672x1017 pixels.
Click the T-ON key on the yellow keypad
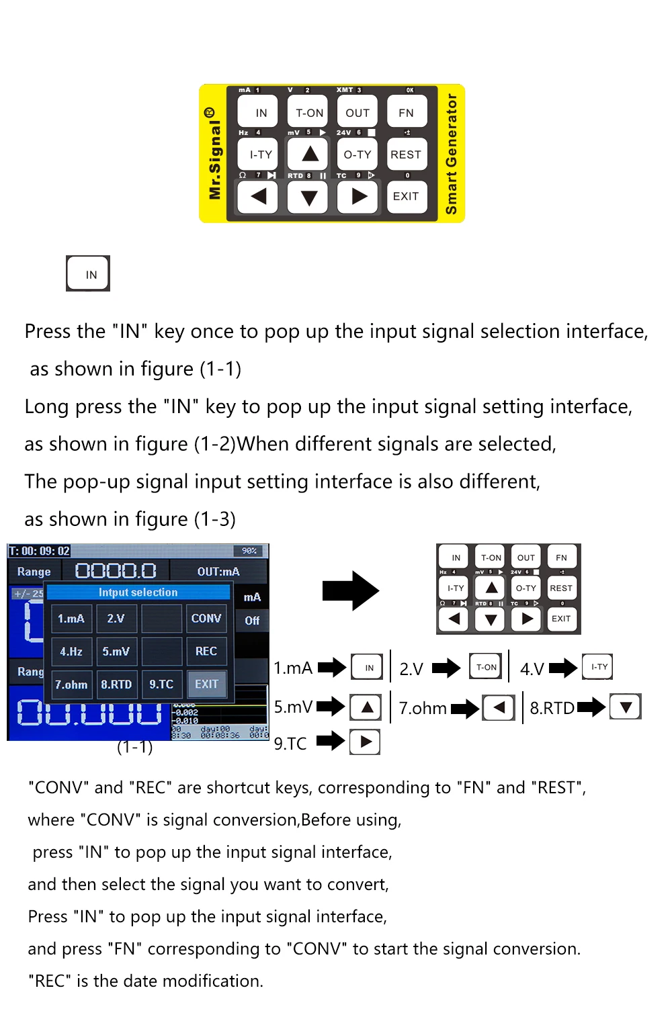pyautogui.click(x=309, y=113)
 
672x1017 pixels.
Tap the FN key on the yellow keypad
pyautogui.click(x=406, y=113)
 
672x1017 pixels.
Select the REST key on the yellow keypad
pyautogui.click(x=406, y=154)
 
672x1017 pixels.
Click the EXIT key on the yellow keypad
pyautogui.click(x=406, y=196)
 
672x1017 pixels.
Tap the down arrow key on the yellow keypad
pyautogui.click(x=308, y=197)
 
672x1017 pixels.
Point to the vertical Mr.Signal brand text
pyautogui.click(x=214, y=154)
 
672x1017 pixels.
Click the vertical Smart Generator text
pyautogui.click(x=452, y=154)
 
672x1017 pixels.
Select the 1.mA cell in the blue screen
pyautogui.click(x=71, y=618)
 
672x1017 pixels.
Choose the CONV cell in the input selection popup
pyautogui.click(x=206, y=618)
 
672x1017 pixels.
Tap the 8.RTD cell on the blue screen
pyautogui.click(x=116, y=684)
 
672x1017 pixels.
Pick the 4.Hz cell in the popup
pyautogui.click(x=71, y=652)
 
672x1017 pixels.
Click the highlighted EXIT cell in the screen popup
pyautogui.click(x=206, y=684)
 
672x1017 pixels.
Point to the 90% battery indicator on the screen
pyautogui.click(x=249, y=551)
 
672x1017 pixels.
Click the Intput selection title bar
pyautogui.click(x=138, y=592)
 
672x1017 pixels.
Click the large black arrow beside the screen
pyautogui.click(x=351, y=590)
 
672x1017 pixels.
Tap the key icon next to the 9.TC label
pyautogui.click(x=365, y=742)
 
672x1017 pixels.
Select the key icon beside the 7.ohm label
pyautogui.click(x=499, y=708)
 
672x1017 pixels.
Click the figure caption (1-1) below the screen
pyautogui.click(x=134, y=747)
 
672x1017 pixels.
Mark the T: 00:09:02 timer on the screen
pyautogui.click(x=39, y=551)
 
